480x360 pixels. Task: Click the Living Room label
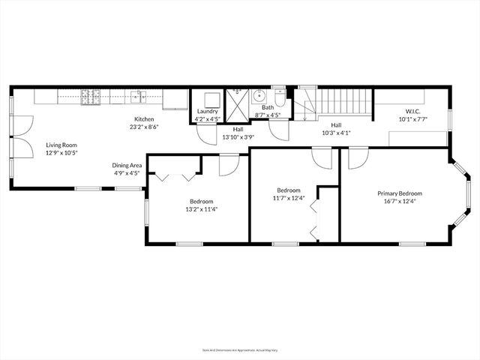coord(61,145)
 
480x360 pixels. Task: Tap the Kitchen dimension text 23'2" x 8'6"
coord(144,127)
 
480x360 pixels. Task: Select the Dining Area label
coord(127,165)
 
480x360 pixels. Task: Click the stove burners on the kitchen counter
coord(91,95)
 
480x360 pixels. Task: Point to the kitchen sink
coord(138,95)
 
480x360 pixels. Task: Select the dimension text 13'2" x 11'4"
coord(201,209)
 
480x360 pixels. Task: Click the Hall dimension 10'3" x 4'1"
coord(337,133)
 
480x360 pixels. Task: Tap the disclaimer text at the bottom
coord(240,349)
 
